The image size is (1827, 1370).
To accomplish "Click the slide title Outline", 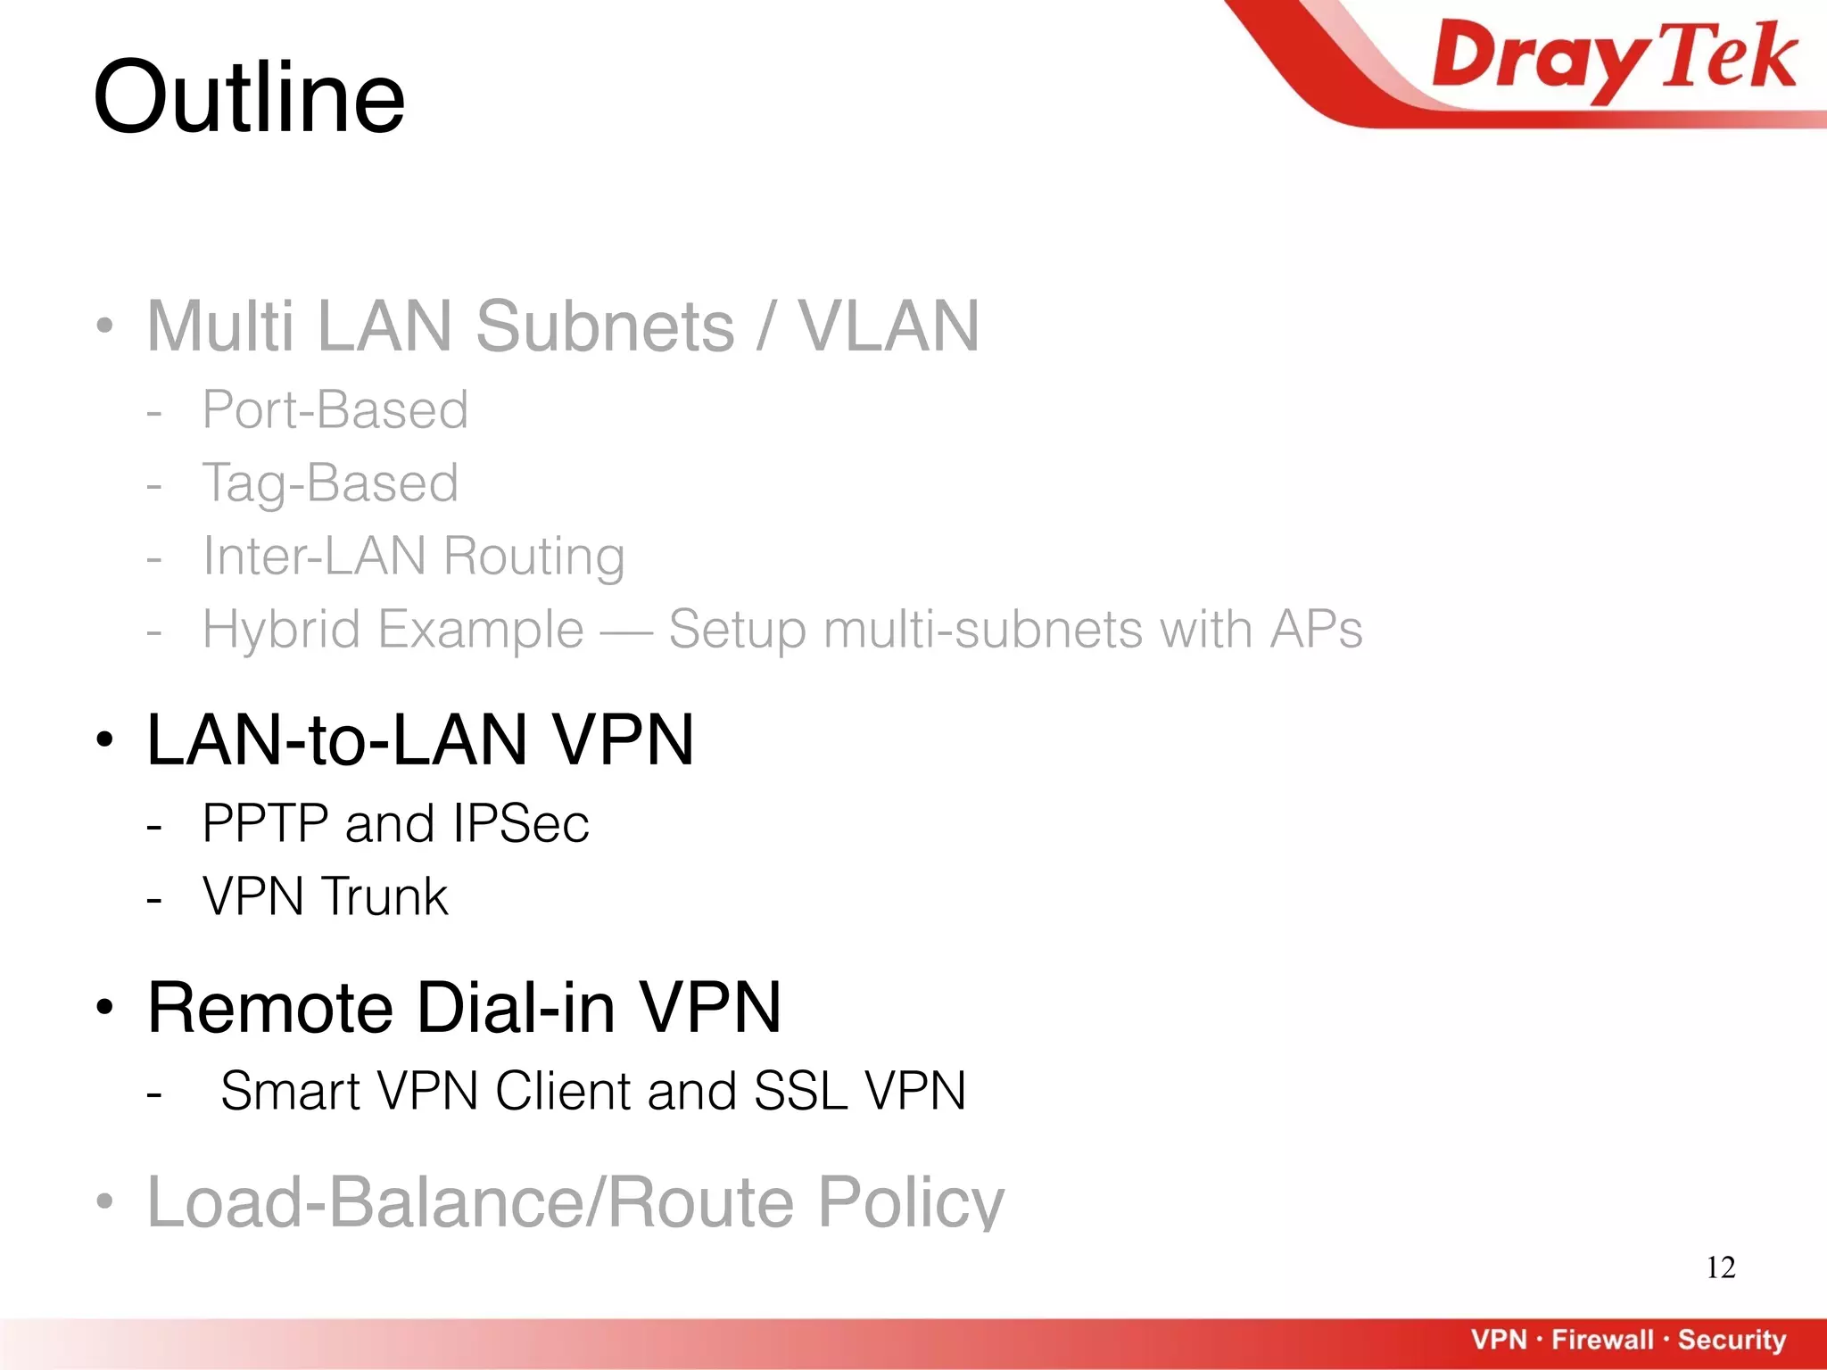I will click(x=249, y=98).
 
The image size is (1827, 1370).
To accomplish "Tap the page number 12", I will click(x=1720, y=1267).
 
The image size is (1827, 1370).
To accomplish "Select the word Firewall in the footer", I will click(x=1602, y=1340).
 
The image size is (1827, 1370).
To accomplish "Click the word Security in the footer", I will click(x=1732, y=1340).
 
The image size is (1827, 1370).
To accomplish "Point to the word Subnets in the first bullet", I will click(x=605, y=326).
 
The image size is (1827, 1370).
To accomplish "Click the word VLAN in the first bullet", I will click(x=889, y=326).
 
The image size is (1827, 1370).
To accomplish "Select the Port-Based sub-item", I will click(x=335, y=410).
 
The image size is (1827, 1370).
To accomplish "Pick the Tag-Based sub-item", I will click(x=330, y=483).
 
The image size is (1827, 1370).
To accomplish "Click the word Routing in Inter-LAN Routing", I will click(x=533, y=557).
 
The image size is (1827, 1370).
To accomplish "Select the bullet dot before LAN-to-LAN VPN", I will click(x=105, y=739).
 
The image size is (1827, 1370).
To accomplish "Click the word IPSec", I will click(x=521, y=823).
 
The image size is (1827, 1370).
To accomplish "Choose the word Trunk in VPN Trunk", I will click(x=384, y=896).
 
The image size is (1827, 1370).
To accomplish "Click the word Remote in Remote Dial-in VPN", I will click(x=270, y=1008).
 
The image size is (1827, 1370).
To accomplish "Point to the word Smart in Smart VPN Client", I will click(x=290, y=1091).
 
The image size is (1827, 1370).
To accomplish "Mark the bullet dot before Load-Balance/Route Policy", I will click(x=105, y=1201).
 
